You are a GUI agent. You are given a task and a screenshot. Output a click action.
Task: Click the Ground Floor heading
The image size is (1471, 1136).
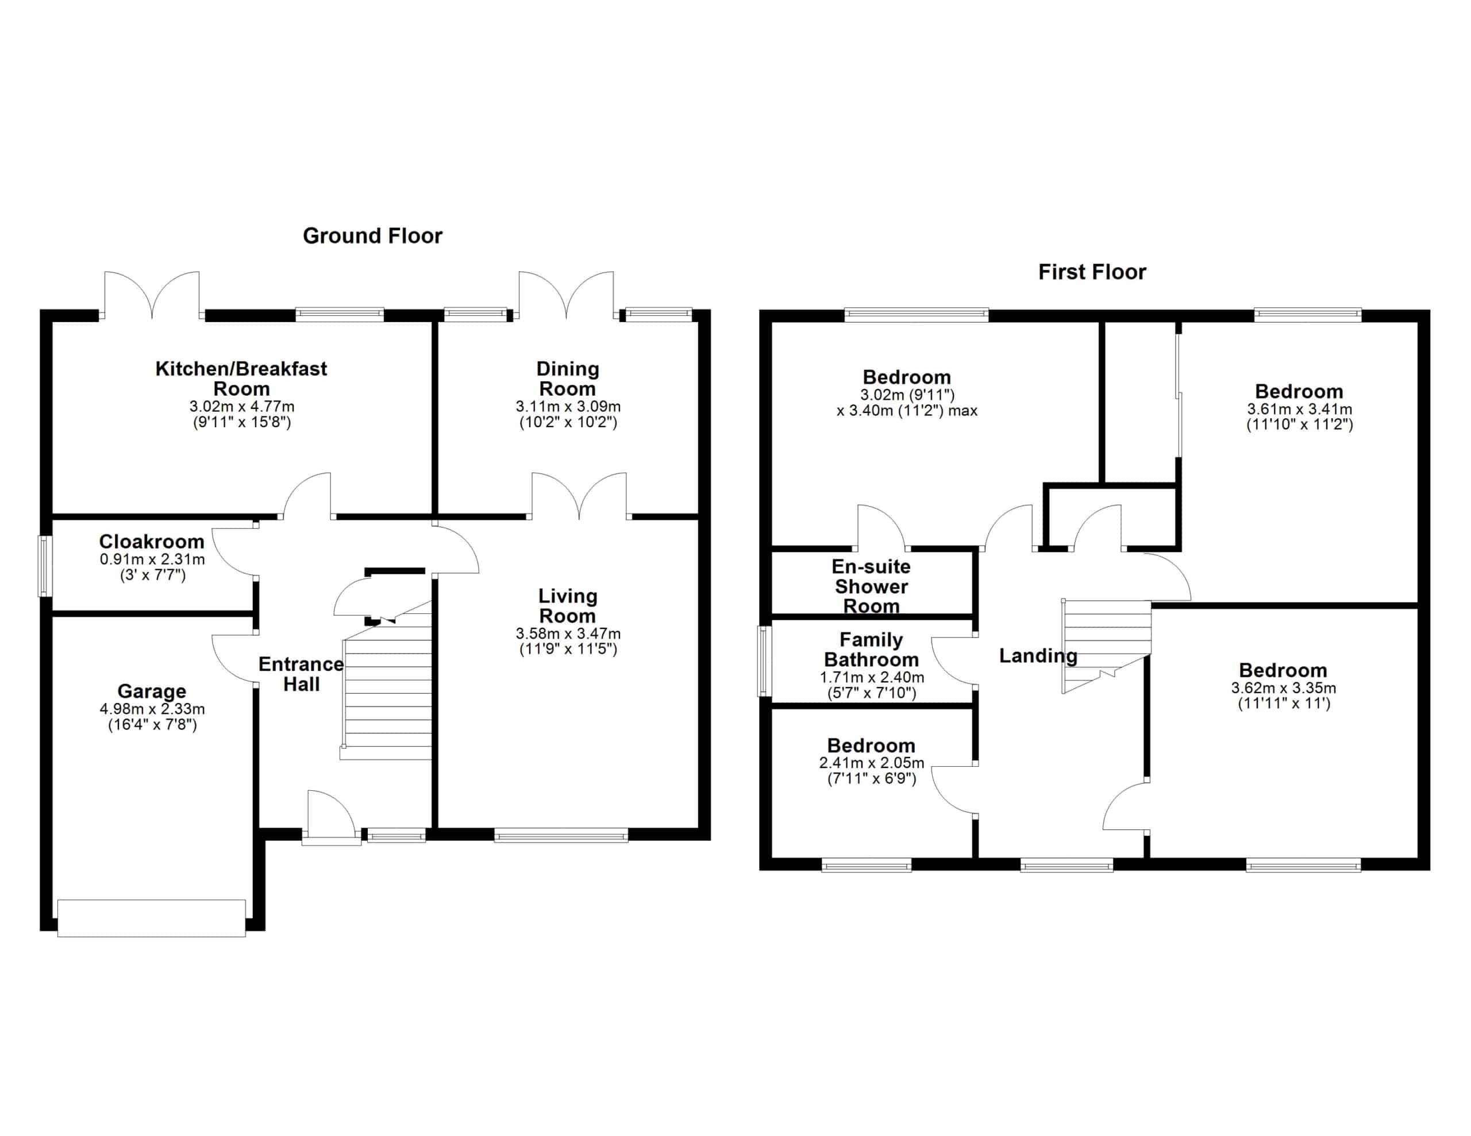pos(372,235)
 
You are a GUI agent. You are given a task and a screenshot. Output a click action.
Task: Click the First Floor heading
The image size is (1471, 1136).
pos(1092,272)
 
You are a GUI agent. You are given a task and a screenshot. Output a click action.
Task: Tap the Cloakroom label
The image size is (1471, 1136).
pos(152,542)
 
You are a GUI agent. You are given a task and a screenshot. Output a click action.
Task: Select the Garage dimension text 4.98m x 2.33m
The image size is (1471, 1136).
pos(152,709)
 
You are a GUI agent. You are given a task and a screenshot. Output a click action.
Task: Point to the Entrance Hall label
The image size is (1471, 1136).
pos(301,674)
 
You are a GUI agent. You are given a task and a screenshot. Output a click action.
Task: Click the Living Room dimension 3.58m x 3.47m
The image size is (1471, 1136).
pos(568,633)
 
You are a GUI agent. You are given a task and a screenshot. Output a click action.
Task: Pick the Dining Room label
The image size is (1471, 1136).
pos(568,378)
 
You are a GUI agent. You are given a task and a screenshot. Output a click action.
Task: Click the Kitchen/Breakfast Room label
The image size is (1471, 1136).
pos(241,378)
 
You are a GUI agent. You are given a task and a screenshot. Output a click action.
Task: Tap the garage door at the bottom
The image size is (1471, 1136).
pos(152,918)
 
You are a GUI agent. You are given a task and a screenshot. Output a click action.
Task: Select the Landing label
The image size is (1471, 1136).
pos(1038,656)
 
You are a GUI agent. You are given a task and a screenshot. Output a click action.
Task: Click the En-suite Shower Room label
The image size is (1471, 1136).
pos(871,586)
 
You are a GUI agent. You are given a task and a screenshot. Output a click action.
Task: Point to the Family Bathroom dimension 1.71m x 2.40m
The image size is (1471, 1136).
pos(872,678)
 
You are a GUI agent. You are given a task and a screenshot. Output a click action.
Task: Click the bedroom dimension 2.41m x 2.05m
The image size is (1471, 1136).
pos(872,763)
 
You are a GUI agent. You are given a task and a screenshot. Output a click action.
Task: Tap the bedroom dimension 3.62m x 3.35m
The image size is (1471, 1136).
pos(1284,688)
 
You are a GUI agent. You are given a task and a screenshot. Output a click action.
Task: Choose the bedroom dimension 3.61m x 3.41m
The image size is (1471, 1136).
pos(1299,409)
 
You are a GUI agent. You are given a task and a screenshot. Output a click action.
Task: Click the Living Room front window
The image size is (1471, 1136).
pos(561,836)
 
